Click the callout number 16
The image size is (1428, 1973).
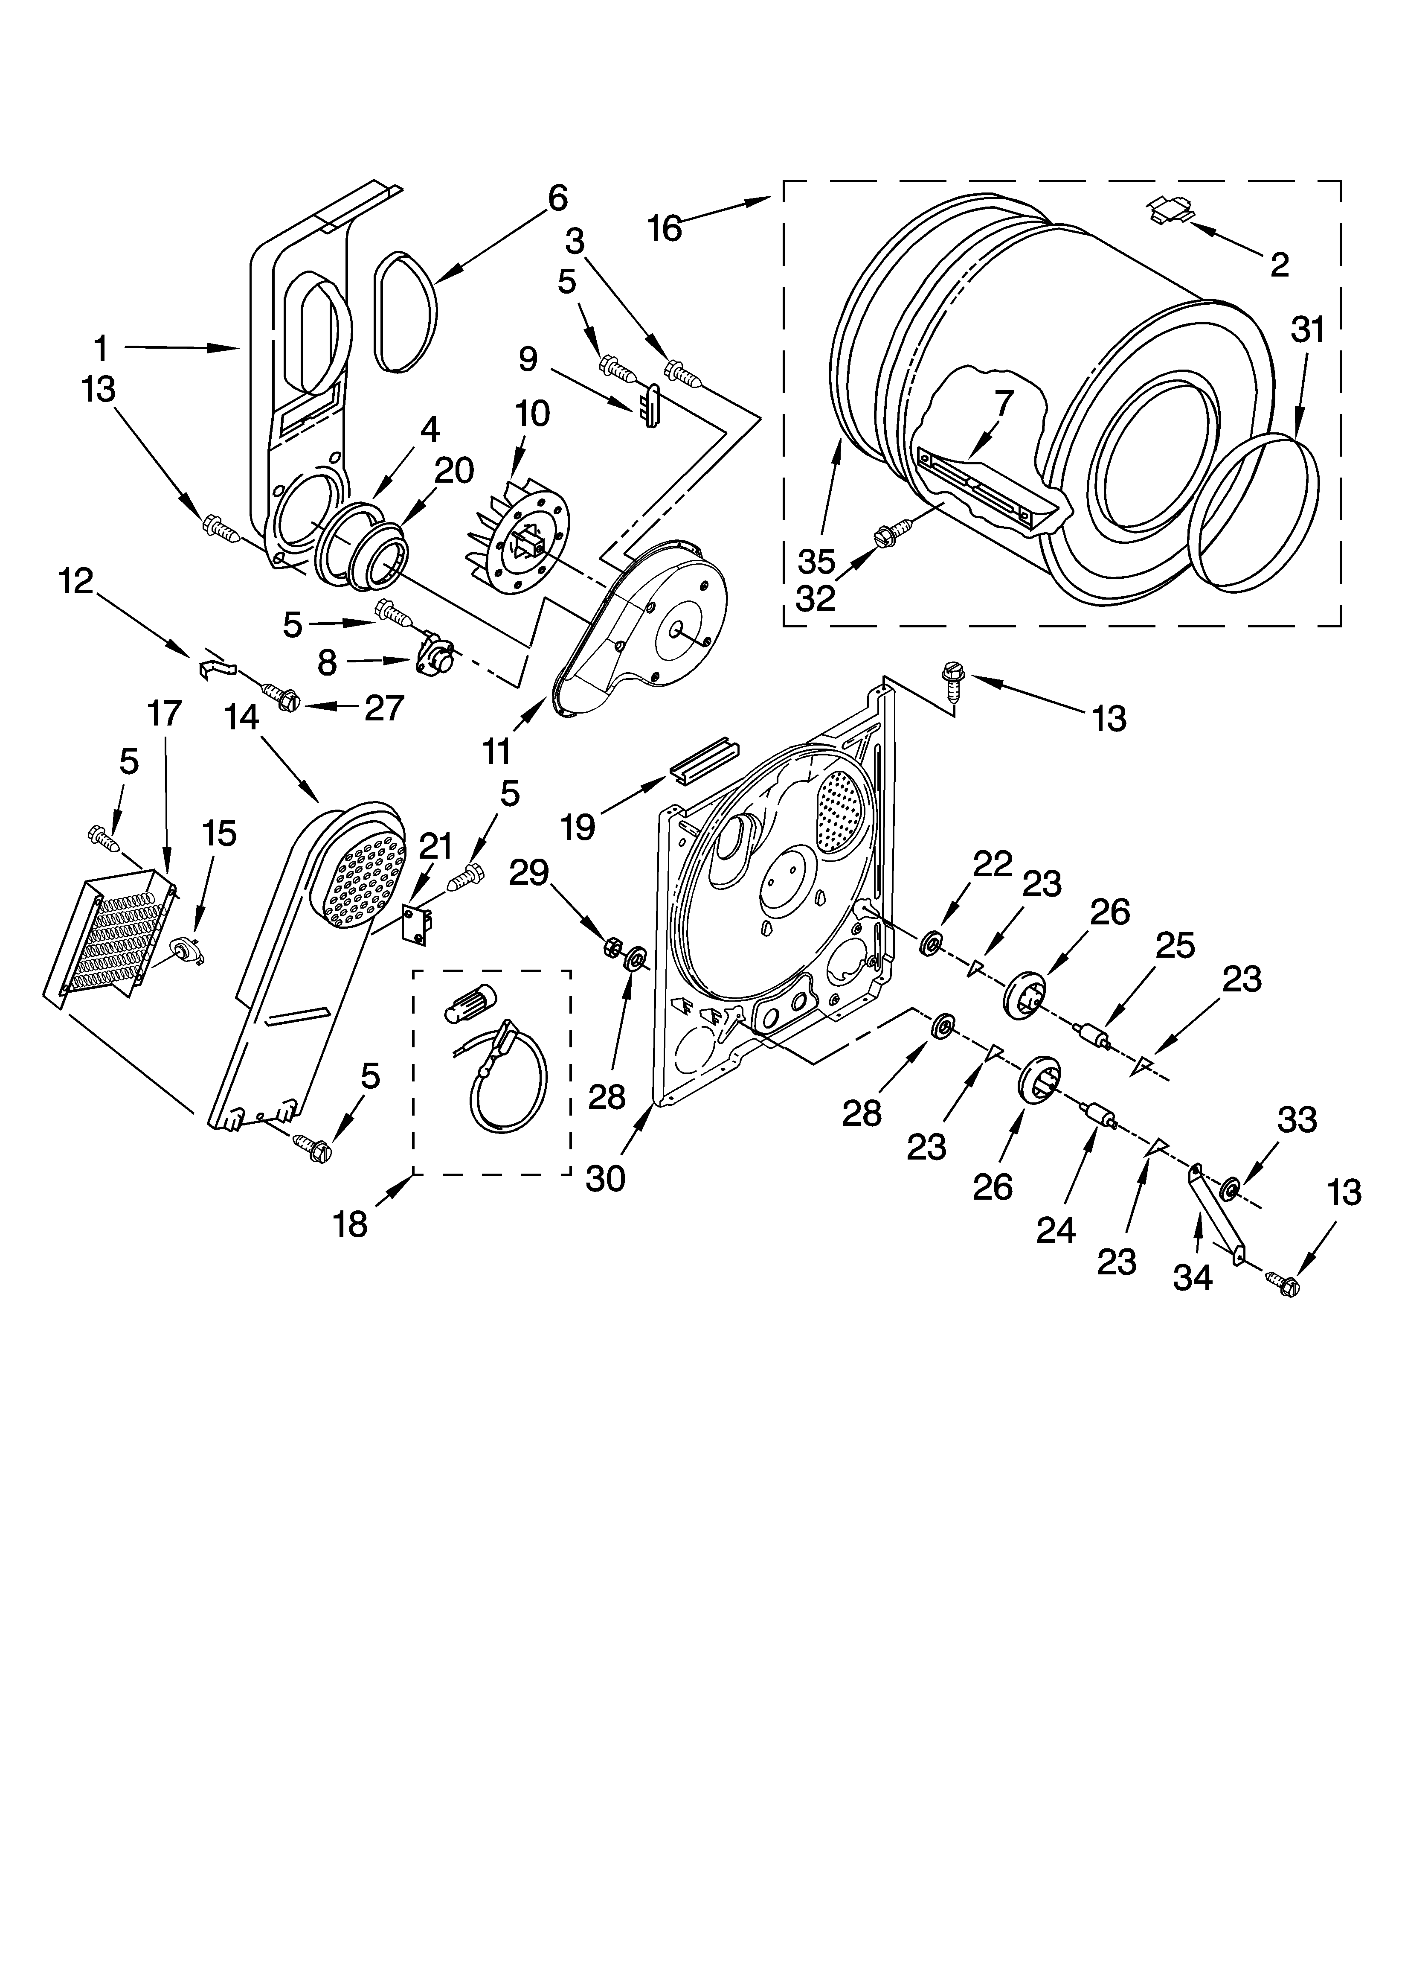665,228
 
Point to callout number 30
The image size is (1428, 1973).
605,1179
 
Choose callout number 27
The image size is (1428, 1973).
383,707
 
